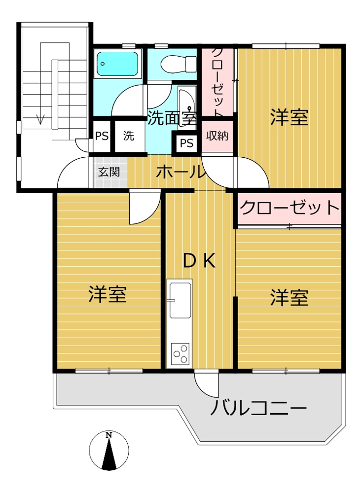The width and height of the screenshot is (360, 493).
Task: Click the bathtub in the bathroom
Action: click(x=117, y=65)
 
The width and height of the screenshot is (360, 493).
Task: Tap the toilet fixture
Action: click(x=173, y=64)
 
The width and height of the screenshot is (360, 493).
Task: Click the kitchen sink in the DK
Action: click(x=180, y=300)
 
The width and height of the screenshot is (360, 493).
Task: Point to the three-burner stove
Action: click(x=180, y=353)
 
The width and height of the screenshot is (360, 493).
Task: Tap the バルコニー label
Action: click(x=259, y=409)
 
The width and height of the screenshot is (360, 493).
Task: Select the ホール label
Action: click(x=180, y=173)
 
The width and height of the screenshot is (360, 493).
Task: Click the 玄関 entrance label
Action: click(x=108, y=172)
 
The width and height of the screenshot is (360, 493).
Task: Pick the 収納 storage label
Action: click(x=217, y=135)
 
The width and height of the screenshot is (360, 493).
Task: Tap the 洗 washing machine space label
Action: click(x=128, y=136)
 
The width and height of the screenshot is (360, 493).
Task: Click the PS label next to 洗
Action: click(x=102, y=136)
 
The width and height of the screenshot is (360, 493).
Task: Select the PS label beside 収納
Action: click(x=186, y=143)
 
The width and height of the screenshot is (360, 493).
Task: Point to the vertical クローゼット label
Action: click(x=217, y=81)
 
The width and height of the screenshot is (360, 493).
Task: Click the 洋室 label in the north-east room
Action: click(x=289, y=118)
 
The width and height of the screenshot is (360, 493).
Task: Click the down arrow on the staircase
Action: click(x=40, y=118)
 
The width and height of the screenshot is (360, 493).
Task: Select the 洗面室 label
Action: click(x=172, y=118)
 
